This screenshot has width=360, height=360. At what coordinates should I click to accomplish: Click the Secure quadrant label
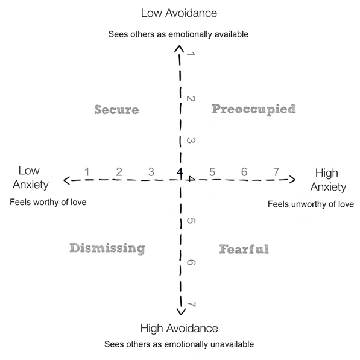click(116, 110)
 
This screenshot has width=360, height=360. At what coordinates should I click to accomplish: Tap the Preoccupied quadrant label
click(254, 110)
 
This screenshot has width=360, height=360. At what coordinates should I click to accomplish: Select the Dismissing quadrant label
click(107, 248)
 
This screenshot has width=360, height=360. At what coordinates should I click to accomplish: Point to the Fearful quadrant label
click(244, 249)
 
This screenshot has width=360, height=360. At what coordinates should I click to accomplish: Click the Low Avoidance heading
click(179, 13)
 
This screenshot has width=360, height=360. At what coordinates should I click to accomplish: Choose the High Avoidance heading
click(179, 328)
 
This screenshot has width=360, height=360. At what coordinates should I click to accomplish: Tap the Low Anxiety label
click(31, 178)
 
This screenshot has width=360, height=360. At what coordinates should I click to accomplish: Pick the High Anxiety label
click(328, 180)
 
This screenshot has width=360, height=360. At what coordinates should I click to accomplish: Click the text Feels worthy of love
click(48, 202)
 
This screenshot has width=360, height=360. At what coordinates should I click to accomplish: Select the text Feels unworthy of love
click(311, 204)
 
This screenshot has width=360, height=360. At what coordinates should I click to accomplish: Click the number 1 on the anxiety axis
click(87, 172)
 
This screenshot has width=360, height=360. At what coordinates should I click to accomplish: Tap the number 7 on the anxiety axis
click(276, 172)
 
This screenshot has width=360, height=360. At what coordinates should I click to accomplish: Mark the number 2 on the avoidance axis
click(191, 99)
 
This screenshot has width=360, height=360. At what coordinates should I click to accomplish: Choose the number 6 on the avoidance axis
click(191, 262)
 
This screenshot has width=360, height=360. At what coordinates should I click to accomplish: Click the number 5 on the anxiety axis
click(212, 172)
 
